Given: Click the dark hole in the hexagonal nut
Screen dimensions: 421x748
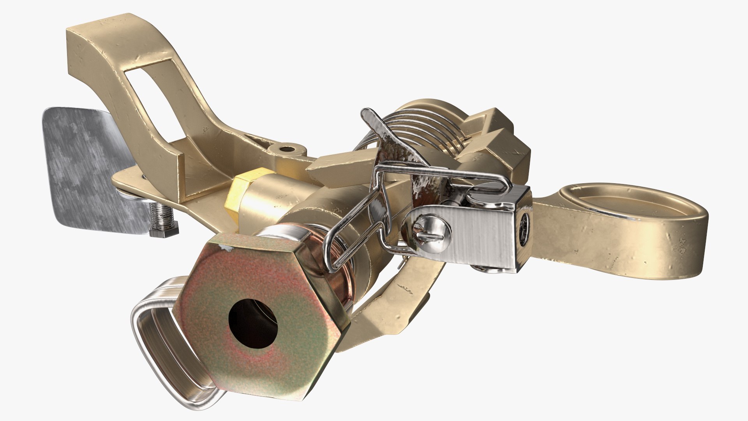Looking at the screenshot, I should [x=252, y=324].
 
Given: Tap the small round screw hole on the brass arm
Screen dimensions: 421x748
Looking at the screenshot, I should [x=288, y=149].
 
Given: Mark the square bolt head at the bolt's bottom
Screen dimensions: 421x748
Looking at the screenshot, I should [x=164, y=230].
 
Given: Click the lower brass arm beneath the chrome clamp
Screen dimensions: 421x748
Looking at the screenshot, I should [x=390, y=304].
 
